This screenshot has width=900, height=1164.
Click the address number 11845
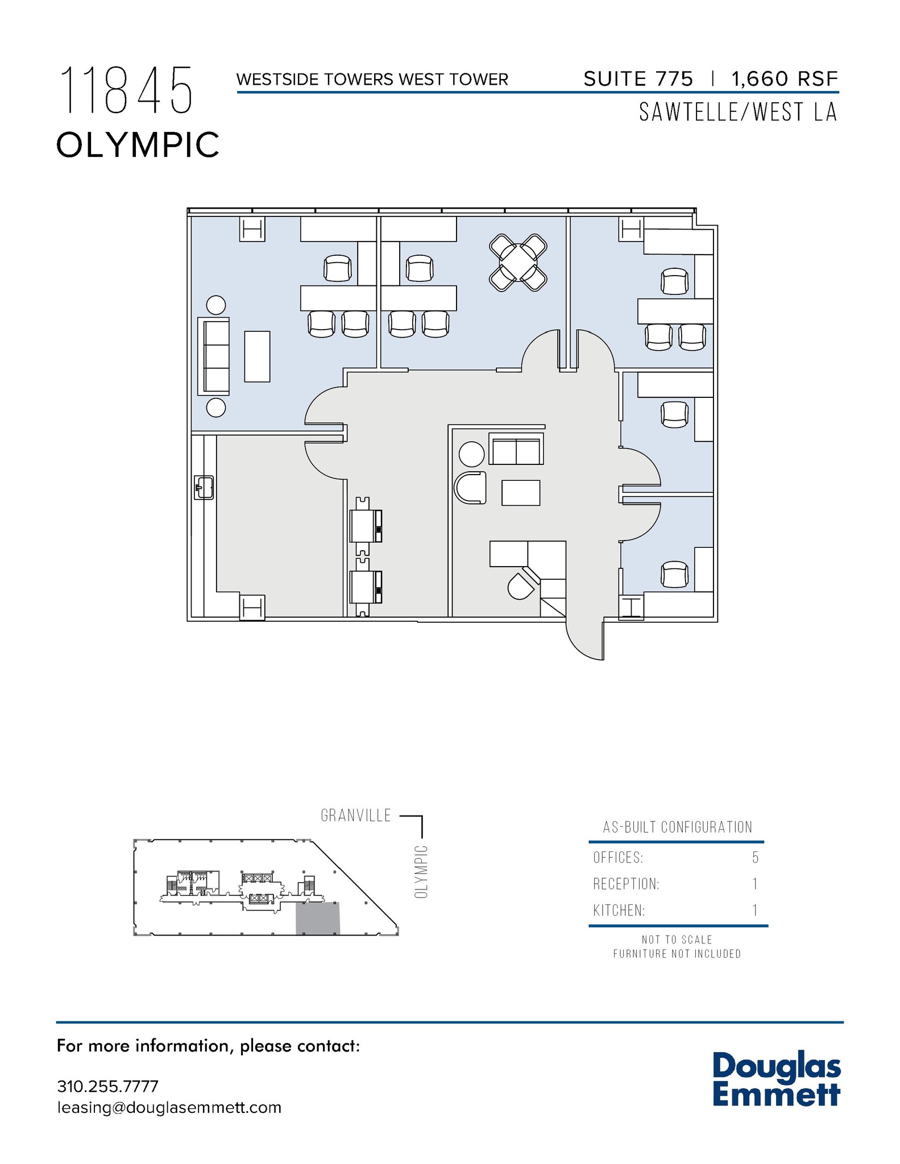[x=126, y=90]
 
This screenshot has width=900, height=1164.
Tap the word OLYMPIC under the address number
[x=138, y=145]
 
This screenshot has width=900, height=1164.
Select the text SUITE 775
[x=638, y=79]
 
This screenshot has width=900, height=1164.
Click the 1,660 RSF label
[x=785, y=79]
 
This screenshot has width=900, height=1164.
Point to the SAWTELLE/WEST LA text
[x=738, y=113]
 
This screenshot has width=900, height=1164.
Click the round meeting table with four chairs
[x=518, y=263]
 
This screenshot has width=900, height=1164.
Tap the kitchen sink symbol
[x=204, y=487]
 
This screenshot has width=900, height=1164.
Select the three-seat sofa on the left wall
[x=214, y=356]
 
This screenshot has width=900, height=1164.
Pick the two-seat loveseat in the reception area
[x=516, y=450]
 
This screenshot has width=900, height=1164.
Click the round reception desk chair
[x=521, y=586]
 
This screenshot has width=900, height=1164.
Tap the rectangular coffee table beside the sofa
[x=257, y=356]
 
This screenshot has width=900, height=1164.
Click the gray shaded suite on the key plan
[x=317, y=918]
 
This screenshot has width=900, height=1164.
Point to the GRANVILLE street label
[x=356, y=816]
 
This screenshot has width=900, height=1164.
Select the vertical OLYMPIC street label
[x=421, y=872]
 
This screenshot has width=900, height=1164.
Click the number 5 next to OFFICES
[x=755, y=857]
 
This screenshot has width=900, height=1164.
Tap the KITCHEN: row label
[x=619, y=911]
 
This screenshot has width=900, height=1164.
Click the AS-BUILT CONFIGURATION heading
[x=677, y=827]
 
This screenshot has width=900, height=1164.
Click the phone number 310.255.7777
[x=107, y=1086]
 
